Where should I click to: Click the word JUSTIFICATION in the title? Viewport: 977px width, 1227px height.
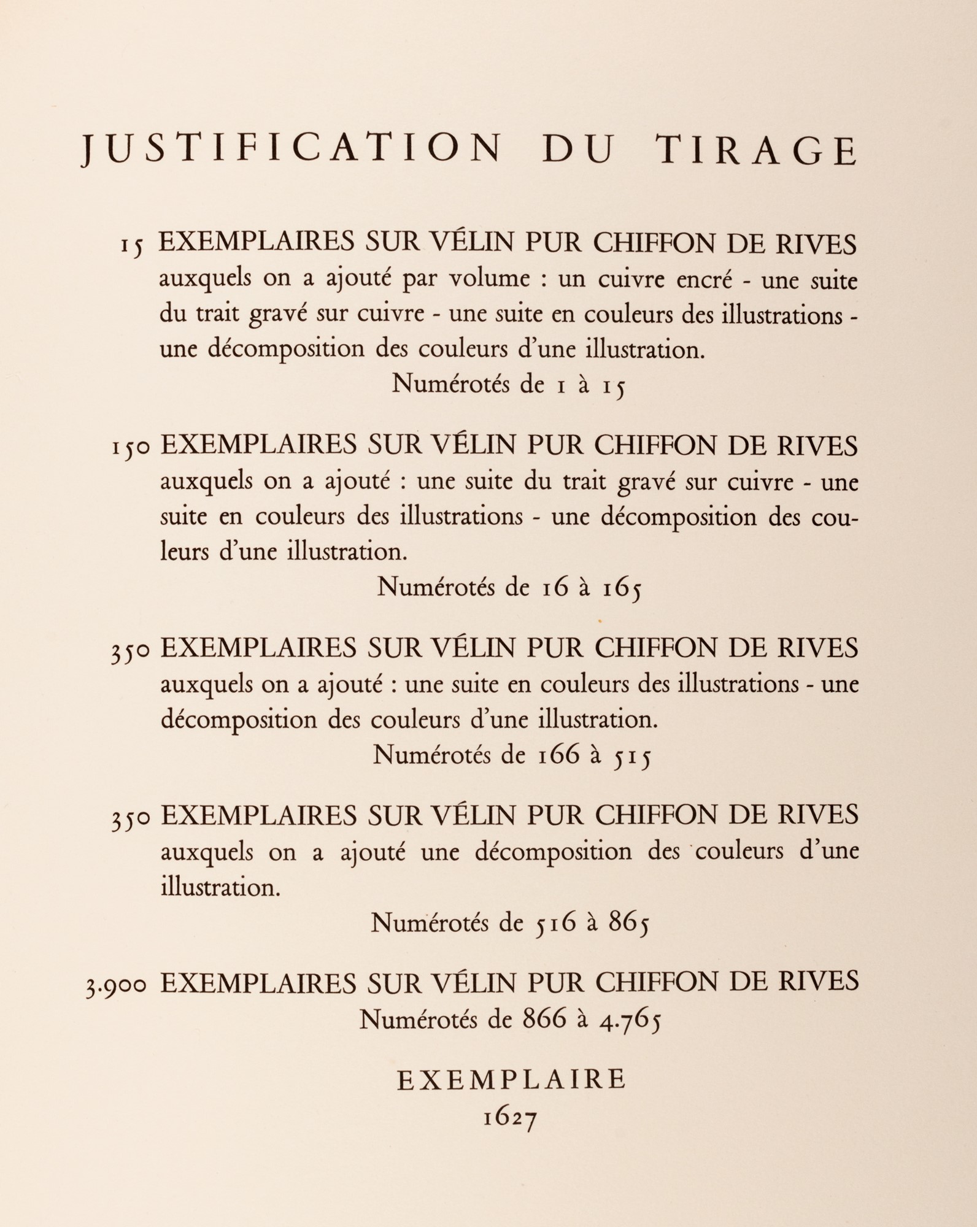tap(291, 150)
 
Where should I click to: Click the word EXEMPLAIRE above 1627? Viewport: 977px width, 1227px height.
tap(511, 1079)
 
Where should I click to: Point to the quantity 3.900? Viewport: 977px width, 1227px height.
tap(117, 985)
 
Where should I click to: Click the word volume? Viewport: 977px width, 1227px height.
tap(488, 279)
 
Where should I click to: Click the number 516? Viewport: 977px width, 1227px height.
tap(555, 922)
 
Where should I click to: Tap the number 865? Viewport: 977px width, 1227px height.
tap(628, 923)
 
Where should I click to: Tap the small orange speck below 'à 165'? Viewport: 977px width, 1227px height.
tap(600, 621)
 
